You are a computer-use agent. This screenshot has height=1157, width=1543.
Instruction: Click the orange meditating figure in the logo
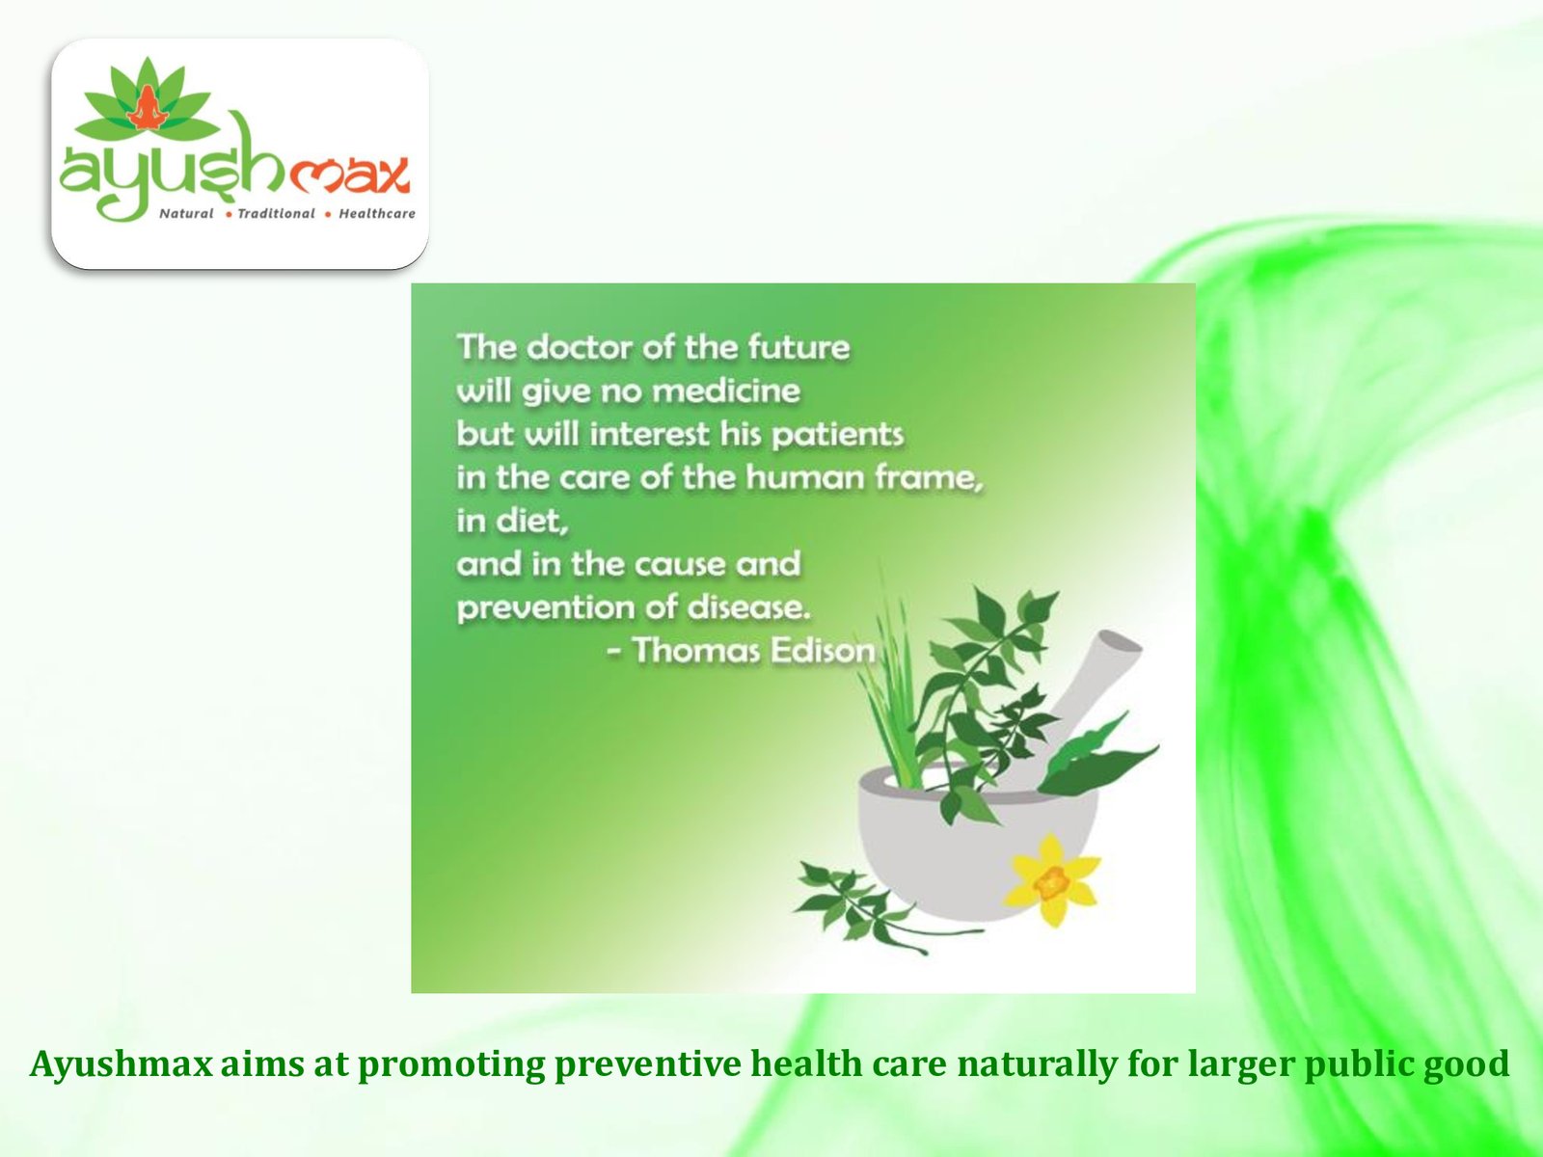147,107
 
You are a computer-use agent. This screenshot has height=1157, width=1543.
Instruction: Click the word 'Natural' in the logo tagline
186,213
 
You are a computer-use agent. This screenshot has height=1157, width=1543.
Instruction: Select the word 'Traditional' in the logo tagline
276,213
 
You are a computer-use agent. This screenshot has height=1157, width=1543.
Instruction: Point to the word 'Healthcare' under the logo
377,213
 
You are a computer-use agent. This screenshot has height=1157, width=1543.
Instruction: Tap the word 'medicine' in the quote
730,390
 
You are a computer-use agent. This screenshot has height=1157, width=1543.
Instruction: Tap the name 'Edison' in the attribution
824,651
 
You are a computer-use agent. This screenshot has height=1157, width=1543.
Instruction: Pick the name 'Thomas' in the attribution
696,651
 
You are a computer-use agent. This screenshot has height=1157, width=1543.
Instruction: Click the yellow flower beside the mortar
1052,881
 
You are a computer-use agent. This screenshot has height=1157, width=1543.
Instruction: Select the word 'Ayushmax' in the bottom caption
121,1063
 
